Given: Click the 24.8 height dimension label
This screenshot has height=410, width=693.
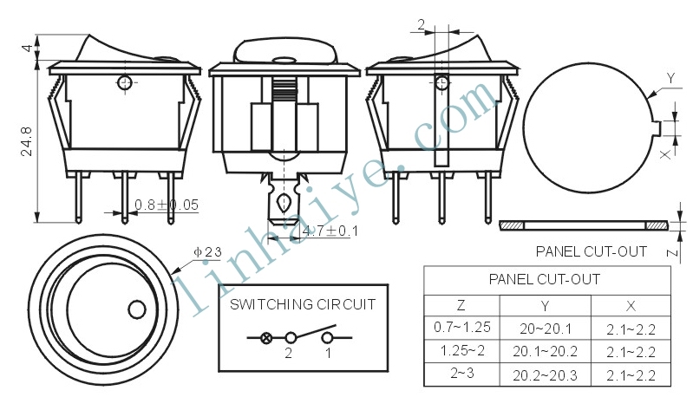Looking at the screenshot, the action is pos(27,141).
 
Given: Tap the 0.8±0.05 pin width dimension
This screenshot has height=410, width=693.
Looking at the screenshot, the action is pos(167,205).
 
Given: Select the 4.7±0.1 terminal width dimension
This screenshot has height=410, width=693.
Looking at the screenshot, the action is pos(330,231).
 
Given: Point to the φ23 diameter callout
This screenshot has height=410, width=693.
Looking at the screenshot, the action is pos(207,252).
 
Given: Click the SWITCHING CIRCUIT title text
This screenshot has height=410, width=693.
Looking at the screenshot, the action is pos(303,304).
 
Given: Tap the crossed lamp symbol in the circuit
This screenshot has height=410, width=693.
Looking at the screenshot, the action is pos(266,338).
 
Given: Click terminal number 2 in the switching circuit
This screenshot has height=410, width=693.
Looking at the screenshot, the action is pos(289,353).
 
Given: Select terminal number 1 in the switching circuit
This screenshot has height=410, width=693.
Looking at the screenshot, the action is pos(328,353).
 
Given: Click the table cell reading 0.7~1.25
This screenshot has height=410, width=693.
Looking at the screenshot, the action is pos(462,327).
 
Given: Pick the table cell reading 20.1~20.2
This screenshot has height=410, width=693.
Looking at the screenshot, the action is pos(545,351).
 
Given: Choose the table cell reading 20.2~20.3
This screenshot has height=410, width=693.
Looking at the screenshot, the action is pos(545,375).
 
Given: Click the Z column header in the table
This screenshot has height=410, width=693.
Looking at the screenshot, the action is pos(461,305).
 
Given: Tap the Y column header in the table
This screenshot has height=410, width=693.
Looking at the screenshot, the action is pos(545,306).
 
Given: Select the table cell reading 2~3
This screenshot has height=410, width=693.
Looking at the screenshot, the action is pos(462,373).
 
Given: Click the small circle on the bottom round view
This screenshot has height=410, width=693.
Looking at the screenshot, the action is pos(137,309).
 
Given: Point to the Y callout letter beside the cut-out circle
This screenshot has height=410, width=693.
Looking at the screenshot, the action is pos(671,79).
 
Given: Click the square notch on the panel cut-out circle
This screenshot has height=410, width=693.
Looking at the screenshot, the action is pos(657,128).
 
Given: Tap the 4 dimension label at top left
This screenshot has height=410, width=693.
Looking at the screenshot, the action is pos(28,48).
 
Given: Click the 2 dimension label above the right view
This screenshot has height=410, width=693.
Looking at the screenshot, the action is pos(422,24).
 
